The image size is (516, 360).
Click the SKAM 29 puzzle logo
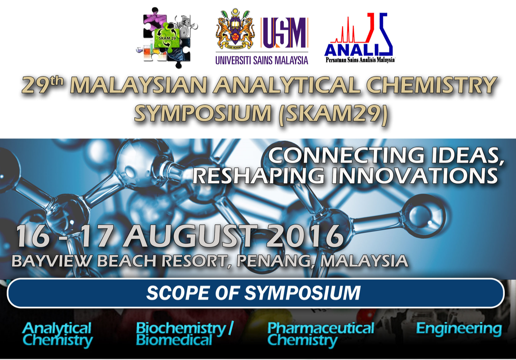point(167,38)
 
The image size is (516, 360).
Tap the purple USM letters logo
point(285,33)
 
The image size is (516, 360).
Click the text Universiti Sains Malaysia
point(262,60)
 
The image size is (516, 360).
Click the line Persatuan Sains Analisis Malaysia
point(360,60)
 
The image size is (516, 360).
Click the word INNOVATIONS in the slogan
point(414,175)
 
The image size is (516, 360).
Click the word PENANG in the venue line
point(273,261)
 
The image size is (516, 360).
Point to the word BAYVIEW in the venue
point(50,261)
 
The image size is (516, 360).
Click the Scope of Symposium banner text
point(253,293)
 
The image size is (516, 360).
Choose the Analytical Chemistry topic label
point(57,335)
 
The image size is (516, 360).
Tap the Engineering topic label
point(459,329)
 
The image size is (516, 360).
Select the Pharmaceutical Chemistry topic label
point(321,335)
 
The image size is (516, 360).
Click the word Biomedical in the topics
point(174,340)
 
